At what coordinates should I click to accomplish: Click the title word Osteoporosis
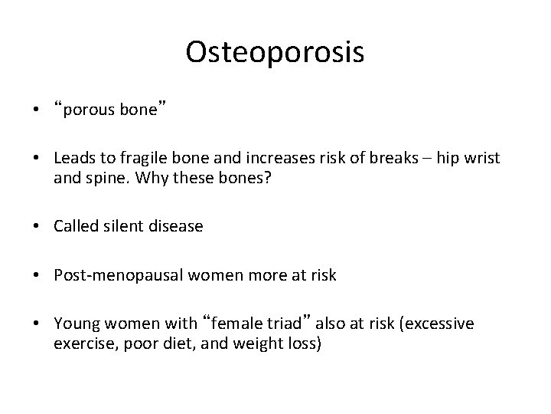point(275,52)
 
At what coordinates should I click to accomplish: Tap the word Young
point(73,324)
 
